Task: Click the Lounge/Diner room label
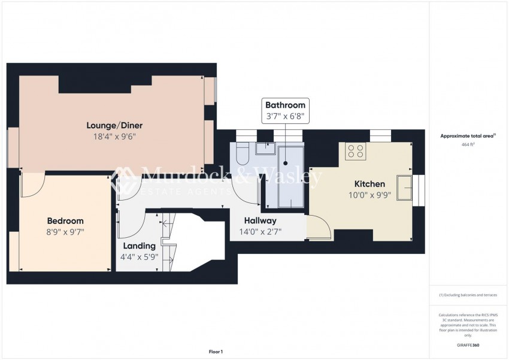114,125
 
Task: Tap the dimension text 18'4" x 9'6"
114,136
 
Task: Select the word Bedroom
65,220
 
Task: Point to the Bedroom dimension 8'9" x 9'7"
65,232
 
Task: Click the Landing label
139,246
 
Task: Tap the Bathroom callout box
285,111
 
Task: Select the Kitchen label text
369,184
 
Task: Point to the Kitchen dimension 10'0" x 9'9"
369,195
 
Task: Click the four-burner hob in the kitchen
356,151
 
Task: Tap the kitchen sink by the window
403,187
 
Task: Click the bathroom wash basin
265,149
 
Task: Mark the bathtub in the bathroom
290,177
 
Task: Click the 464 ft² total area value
468,145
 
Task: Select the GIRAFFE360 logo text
468,345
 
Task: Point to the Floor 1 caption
215,352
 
